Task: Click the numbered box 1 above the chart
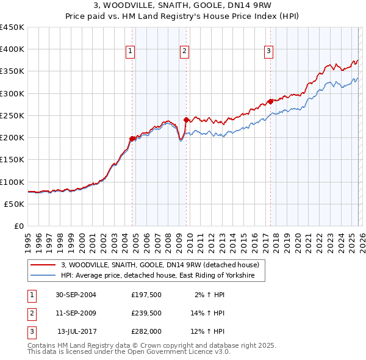point(131,52)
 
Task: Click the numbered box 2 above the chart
point(184,52)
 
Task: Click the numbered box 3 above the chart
point(268,52)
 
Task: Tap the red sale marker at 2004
point(132,139)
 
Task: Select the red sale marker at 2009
point(186,120)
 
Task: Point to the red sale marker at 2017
point(270,101)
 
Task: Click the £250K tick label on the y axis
point(12,115)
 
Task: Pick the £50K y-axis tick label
point(14,204)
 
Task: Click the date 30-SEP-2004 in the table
point(76,294)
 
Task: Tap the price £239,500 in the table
point(146,313)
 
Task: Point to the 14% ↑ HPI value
point(208,313)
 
